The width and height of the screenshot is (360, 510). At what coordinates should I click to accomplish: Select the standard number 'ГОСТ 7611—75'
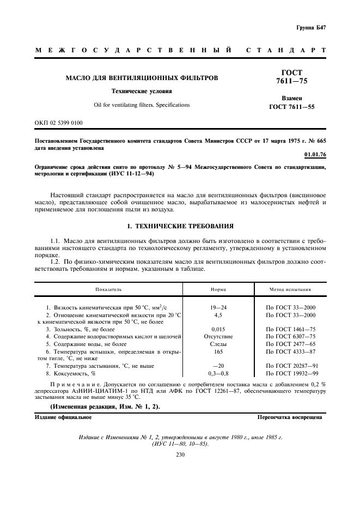tap(291, 77)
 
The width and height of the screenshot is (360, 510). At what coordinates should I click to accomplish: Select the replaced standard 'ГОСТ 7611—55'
tap(291, 107)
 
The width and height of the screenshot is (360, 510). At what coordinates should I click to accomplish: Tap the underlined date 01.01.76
tap(315, 155)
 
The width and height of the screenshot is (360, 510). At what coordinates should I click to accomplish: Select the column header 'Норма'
tap(218, 289)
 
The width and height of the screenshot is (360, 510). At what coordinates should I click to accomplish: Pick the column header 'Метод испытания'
tap(290, 289)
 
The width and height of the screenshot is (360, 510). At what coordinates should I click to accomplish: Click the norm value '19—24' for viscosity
tap(218, 307)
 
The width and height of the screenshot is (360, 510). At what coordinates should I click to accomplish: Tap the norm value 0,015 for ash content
tap(218, 329)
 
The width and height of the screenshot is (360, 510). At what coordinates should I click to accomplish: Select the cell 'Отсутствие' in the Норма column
tap(218, 337)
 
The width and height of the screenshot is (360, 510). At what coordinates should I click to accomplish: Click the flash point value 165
tap(218, 351)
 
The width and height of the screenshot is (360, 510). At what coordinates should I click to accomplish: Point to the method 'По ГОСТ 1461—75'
tap(290, 329)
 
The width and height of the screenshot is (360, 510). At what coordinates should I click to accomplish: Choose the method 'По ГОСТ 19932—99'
tap(290, 373)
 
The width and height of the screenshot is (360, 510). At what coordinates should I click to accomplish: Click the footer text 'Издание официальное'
tap(63, 417)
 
